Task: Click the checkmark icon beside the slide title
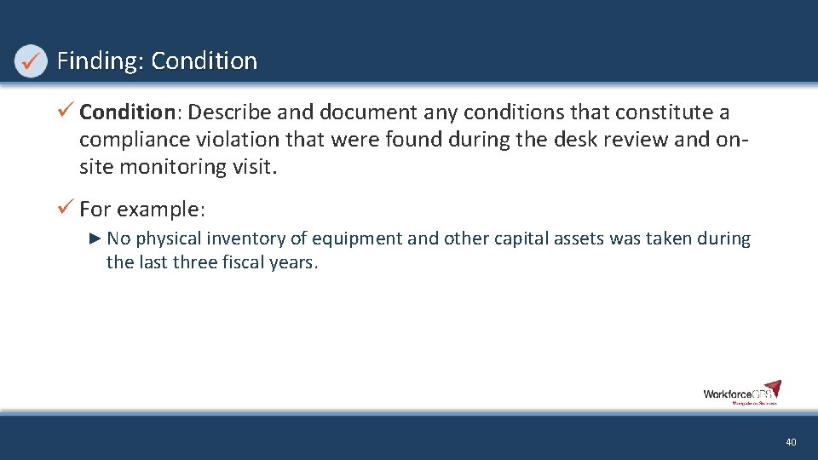[x=31, y=61]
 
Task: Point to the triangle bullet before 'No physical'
[x=95, y=239]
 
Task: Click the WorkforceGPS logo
[x=741, y=392]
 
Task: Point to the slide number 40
[x=791, y=442]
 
